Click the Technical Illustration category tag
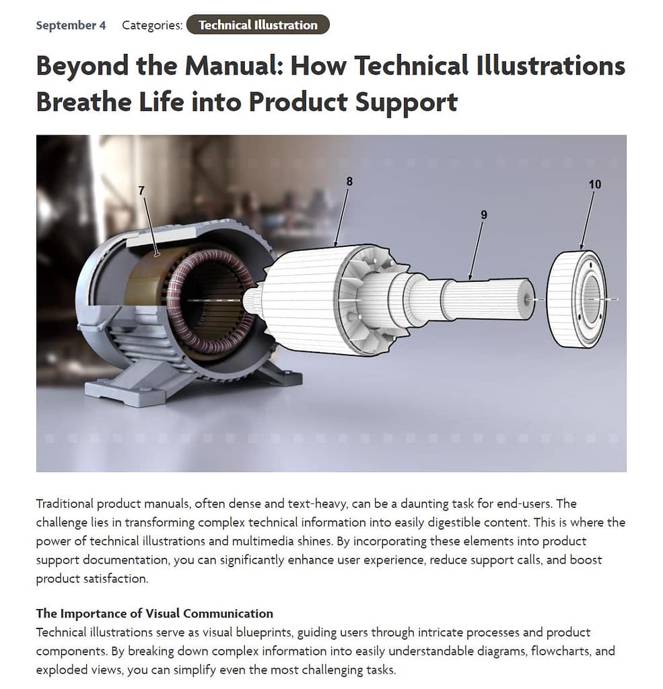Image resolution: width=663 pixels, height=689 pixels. point(258,25)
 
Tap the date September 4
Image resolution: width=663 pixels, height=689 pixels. point(71,25)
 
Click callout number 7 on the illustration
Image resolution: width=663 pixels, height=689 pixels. point(141,190)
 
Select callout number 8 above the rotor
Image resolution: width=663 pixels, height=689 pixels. point(349,182)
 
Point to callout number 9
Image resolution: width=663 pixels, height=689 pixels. point(484,215)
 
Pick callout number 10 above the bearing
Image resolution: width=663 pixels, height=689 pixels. point(595,184)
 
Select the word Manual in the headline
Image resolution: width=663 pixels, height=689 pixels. point(234,66)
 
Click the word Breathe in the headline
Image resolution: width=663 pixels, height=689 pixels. point(83,102)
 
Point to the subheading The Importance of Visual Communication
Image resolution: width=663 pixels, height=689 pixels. point(154,614)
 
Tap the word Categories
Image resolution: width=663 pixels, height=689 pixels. point(152,25)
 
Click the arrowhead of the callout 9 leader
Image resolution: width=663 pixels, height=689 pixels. point(470,277)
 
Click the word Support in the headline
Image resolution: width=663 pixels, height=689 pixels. point(407,103)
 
